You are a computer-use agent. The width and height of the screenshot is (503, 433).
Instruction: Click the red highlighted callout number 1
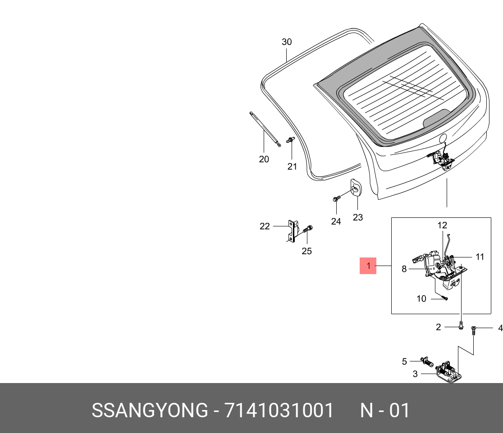pos(368,266)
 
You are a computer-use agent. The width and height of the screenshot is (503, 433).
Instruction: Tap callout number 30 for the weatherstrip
pos(287,42)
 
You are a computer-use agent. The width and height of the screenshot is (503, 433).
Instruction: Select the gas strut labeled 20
pos(265,129)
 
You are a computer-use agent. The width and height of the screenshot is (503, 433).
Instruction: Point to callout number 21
pos(292,167)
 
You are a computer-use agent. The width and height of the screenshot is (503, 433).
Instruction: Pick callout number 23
pos(358,217)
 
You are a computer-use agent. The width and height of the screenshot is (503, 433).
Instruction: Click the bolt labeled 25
pos(308,229)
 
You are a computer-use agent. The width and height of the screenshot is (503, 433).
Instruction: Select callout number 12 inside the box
pos(442,225)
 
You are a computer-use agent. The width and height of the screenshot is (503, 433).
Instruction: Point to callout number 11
pos(480,257)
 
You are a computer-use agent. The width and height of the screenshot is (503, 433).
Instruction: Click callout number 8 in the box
pos(404,269)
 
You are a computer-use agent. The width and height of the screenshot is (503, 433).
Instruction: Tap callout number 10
pos(421,299)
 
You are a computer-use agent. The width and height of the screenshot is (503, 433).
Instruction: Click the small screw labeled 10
pos(444,298)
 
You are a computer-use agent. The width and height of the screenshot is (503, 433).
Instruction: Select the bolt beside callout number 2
pos(461,325)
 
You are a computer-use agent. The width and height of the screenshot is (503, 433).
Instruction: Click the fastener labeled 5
pos(427,362)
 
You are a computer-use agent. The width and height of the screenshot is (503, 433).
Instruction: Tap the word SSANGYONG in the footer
pos(150,410)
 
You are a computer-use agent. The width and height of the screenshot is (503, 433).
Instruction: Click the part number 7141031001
pos(279,410)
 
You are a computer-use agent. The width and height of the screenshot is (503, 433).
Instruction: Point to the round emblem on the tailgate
pos(443,138)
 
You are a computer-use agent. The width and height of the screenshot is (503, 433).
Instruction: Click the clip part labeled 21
pos(290,140)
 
